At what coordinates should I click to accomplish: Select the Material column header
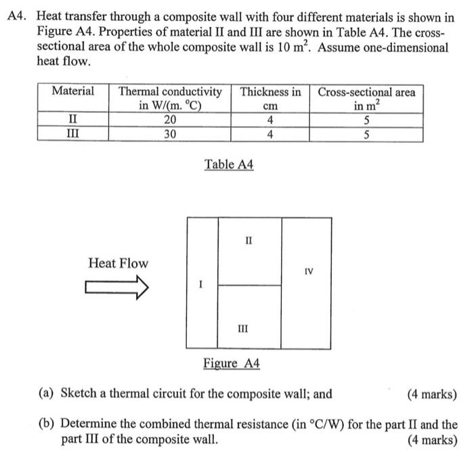[x=73, y=91]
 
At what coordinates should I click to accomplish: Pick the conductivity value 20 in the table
[x=170, y=120]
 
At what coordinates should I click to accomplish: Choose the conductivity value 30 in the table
[x=170, y=134]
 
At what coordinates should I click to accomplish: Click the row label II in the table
[x=72, y=120]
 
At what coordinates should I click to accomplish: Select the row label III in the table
[x=72, y=134]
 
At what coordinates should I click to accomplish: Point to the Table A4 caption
[x=229, y=164]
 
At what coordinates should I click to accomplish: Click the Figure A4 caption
[x=232, y=363]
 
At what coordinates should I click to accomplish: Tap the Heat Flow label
[x=118, y=263]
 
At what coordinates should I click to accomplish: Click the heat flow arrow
[x=116, y=290]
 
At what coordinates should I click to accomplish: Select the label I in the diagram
[x=200, y=286]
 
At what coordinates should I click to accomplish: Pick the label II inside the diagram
[x=249, y=240]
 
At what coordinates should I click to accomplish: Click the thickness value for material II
[x=270, y=120]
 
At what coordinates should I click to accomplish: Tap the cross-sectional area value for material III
[x=366, y=134]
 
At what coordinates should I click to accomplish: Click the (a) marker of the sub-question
[x=47, y=394]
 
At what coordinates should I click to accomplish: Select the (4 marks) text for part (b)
[x=433, y=439]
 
